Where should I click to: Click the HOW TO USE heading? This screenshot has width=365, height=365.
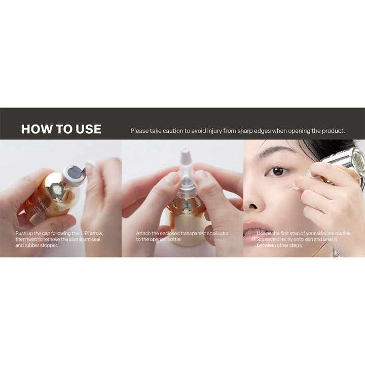(x=61, y=129)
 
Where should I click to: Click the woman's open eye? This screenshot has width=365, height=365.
(x=277, y=172)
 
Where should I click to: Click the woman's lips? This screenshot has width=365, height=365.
(x=254, y=231)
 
